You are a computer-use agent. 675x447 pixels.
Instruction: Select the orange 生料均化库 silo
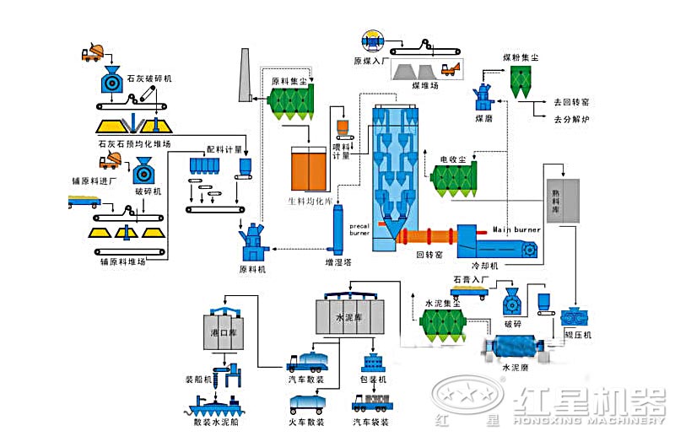point(308,170)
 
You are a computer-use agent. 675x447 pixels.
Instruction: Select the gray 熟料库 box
point(563,201)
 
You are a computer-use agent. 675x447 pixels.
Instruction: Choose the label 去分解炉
point(572,120)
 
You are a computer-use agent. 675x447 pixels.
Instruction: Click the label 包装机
point(373,380)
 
